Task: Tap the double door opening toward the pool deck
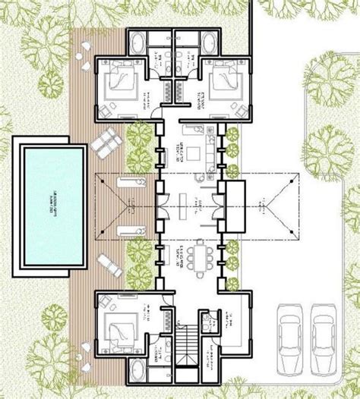point(160,203)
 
